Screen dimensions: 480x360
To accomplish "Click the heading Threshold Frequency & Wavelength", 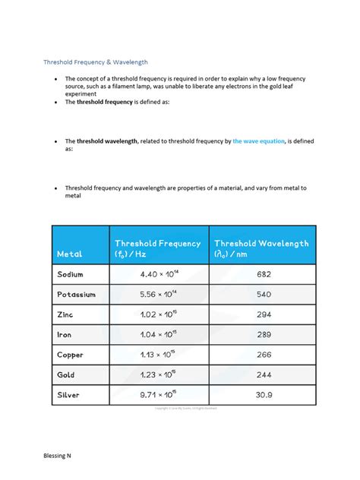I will pos(95,62).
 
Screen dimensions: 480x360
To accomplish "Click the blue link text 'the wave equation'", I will pos(258,141).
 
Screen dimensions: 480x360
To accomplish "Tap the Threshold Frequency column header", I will pos(157,248).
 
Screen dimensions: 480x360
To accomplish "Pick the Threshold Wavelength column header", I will pos(261,248).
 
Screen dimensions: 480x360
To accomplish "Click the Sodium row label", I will pos(70,274).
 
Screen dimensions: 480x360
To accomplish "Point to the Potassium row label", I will pos(76,294).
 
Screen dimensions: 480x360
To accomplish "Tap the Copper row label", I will pos(70,354).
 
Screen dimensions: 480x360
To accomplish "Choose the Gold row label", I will pos(65,374).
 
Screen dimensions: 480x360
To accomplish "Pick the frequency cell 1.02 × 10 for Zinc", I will pos(157,314).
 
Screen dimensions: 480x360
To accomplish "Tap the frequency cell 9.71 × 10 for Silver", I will pos(157,395).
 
